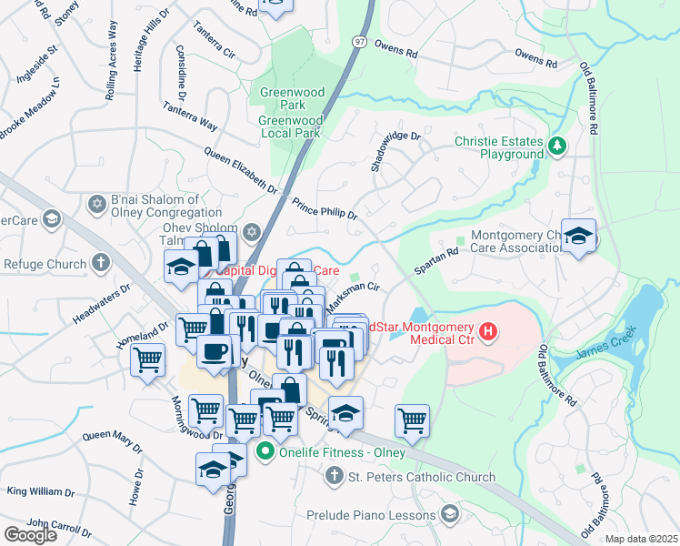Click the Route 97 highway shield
click(x=360, y=42)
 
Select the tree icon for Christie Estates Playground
click(x=556, y=146)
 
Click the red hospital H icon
click(x=488, y=332)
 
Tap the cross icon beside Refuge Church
click(x=101, y=264)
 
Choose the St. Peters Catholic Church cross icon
click(x=334, y=476)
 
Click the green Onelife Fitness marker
click(x=265, y=450)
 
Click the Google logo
click(x=30, y=534)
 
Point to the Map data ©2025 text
click(x=641, y=539)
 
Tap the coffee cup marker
click(x=215, y=351)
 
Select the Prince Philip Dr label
click(x=325, y=208)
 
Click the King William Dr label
click(x=41, y=491)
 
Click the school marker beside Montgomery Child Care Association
click(x=577, y=237)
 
